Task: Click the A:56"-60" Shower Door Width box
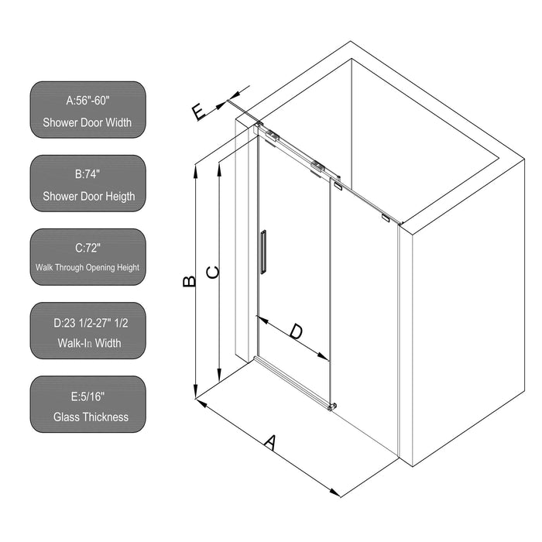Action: (88, 110)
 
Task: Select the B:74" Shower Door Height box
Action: (88, 184)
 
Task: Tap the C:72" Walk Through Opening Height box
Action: (88, 257)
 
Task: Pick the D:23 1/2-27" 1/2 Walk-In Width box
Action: (88, 331)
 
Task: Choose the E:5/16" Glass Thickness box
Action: (88, 405)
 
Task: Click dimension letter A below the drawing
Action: (269, 443)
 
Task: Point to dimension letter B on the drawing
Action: (189, 281)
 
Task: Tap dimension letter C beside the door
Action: (213, 272)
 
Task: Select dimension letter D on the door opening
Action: (296, 331)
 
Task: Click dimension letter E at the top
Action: (199, 112)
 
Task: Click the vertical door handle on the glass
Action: (264, 251)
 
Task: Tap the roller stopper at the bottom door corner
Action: (333, 406)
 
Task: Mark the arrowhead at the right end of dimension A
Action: (338, 493)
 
